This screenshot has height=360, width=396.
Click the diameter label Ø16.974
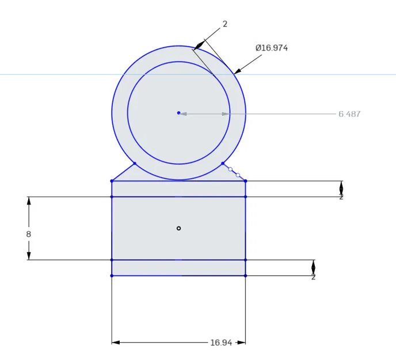pyautogui.click(x=271, y=48)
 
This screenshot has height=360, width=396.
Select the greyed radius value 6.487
pyautogui.click(x=349, y=114)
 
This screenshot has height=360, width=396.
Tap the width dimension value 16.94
pyautogui.click(x=221, y=343)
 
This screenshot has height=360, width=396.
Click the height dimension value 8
pyautogui.click(x=28, y=234)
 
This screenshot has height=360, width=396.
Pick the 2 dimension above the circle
pyautogui.click(x=225, y=24)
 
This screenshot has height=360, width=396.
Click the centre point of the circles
pyautogui.click(x=178, y=113)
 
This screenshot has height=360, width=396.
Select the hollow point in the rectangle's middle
pyautogui.click(x=178, y=228)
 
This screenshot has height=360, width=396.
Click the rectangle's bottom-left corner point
pyautogui.click(x=112, y=276)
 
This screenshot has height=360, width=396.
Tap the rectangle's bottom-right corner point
pyautogui.click(x=246, y=276)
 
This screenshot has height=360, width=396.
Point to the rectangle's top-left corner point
pyautogui.click(x=112, y=181)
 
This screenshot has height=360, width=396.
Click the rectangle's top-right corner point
pyautogui.click(x=246, y=181)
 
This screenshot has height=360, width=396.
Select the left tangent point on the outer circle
pyautogui.click(x=135, y=163)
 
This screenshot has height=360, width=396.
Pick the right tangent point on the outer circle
pyautogui.click(x=223, y=163)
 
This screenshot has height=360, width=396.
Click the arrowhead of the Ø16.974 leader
pyautogui.click(x=237, y=71)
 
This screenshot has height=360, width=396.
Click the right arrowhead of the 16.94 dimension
pyautogui.click(x=242, y=343)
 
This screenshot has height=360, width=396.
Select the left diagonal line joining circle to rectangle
pyautogui.click(x=123, y=172)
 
